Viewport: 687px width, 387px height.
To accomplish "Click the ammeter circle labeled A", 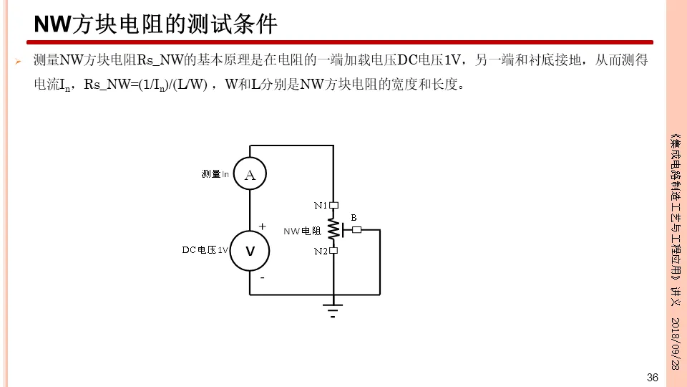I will point(250,174).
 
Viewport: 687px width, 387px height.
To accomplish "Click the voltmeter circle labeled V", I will point(250,252).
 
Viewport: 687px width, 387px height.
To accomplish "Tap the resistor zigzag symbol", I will point(333,229).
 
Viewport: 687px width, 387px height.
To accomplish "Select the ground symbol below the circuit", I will point(333,310).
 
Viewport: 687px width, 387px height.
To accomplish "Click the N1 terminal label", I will point(321,206).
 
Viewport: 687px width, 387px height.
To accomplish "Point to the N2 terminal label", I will point(321,252).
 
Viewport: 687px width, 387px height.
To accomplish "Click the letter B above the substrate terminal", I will point(354,217).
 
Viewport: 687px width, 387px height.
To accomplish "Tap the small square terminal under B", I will point(357,230).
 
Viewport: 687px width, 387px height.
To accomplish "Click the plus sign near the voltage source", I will point(262,226).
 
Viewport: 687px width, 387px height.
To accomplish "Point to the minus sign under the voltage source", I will point(262,277).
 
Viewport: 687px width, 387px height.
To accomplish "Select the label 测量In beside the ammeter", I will point(215,174).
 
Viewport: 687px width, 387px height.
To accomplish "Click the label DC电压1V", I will point(205,250).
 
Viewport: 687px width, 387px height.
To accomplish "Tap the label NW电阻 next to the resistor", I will point(302,231).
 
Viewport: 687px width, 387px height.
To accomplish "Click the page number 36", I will point(652,378).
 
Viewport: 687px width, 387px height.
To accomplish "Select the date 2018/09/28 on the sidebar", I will point(674,343).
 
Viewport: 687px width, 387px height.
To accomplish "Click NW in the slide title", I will point(50,25).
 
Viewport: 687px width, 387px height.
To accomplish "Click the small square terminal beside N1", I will point(333,206).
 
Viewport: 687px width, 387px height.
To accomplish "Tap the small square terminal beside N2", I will point(333,251).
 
